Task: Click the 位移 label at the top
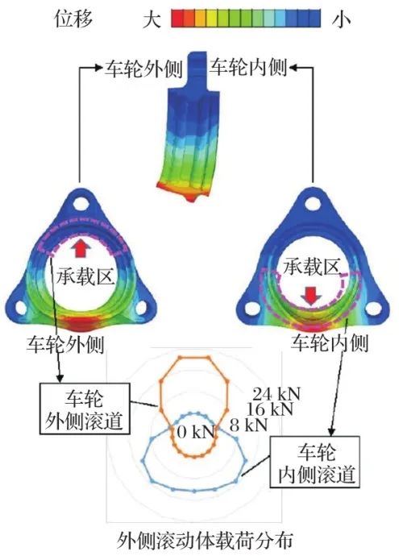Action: point(74,18)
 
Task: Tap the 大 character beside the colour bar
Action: point(152,19)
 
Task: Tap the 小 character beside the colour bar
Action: point(341,19)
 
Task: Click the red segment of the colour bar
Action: point(177,19)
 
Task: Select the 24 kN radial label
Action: point(276,394)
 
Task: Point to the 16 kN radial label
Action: point(270,409)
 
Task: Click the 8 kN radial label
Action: point(248,425)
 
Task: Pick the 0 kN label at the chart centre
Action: point(196,432)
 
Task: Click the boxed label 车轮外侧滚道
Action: point(85,409)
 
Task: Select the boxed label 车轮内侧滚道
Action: point(315,462)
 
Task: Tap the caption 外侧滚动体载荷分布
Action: point(205,541)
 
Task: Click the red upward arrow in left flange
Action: point(81,248)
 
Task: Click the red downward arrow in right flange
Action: point(311,296)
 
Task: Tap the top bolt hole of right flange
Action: point(312,204)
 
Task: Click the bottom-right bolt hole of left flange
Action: point(141,308)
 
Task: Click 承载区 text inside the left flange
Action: point(85,276)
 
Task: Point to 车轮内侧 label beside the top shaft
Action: point(248,67)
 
